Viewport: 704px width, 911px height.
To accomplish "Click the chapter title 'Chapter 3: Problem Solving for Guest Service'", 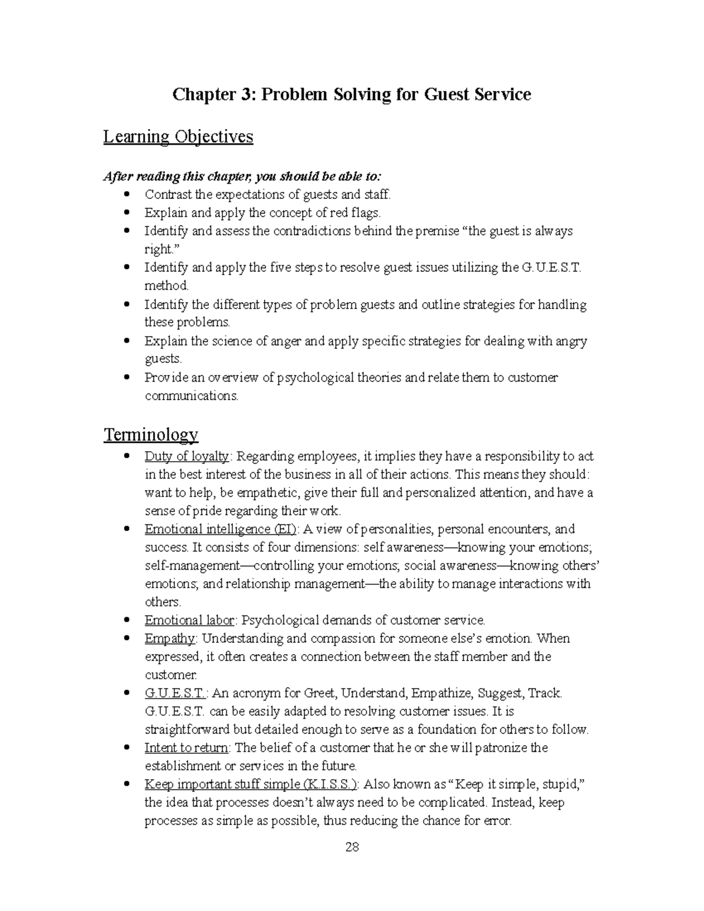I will (351, 94).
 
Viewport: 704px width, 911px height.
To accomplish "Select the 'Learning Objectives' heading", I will (178, 137).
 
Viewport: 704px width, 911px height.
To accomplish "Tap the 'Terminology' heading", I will (151, 435).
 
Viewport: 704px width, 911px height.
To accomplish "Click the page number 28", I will (352, 847).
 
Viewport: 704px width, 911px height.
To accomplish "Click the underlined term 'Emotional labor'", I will (189, 620).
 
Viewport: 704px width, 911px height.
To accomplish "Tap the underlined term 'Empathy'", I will (170, 638).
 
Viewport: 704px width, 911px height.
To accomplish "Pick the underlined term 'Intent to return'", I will (188, 748).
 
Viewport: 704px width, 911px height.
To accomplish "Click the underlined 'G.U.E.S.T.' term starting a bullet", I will (175, 693).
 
